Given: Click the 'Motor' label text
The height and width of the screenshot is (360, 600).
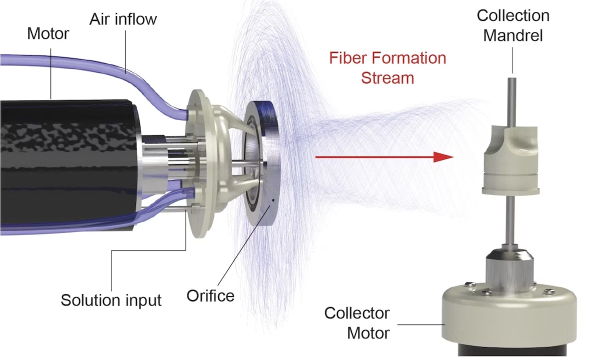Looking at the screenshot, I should point(48,34).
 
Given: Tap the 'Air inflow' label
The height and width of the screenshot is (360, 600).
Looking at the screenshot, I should point(123,19).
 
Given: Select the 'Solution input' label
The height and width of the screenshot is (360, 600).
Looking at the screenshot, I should point(111,300).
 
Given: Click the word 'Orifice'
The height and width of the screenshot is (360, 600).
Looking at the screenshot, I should point(210,295).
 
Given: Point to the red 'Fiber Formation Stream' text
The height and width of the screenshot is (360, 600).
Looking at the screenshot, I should point(387,68).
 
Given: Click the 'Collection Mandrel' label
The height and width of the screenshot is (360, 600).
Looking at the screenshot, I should point(513,25).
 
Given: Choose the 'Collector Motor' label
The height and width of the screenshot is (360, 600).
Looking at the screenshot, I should point(356,322).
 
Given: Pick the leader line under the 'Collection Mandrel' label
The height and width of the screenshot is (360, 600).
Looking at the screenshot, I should point(512,60).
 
